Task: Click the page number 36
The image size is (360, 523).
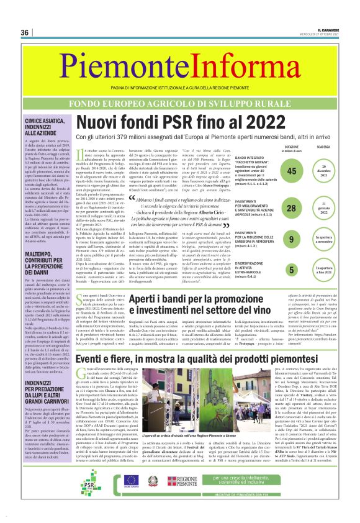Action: [x=25, y=32]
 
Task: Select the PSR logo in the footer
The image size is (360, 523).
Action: [x=91, y=481]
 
